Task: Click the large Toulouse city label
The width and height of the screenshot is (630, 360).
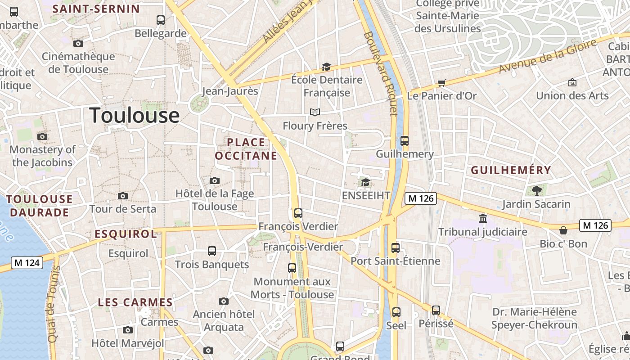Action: point(135,116)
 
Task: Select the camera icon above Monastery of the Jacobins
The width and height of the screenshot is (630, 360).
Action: point(42,136)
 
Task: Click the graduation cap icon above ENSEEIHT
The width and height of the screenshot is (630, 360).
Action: point(365,182)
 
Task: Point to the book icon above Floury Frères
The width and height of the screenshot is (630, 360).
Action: point(315,112)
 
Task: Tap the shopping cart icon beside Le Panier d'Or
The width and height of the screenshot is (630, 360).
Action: point(441,83)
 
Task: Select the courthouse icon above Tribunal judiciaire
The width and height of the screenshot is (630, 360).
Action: point(483,219)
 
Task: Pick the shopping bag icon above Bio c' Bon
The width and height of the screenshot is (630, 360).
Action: point(563,230)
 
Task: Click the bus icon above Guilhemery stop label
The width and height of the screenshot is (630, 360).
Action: point(405,141)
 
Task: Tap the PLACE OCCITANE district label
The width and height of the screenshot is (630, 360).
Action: point(246,149)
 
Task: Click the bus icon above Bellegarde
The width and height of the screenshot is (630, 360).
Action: point(161,20)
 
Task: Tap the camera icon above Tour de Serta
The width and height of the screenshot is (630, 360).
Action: point(122,196)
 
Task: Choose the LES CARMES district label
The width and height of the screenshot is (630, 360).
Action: point(135,302)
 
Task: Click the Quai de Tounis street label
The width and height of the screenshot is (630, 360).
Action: point(53,304)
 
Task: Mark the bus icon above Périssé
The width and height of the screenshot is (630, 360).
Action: point(436,310)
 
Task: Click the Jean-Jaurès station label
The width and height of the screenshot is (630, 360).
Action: point(230,91)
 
